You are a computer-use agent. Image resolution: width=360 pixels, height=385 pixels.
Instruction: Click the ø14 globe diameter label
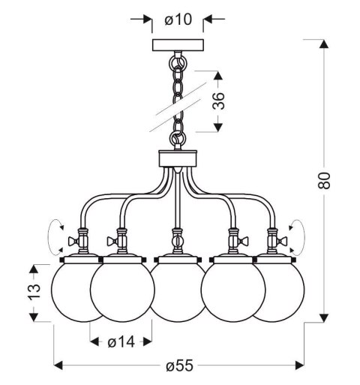[x=120, y=342]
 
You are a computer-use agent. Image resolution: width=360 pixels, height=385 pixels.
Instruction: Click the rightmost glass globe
[x=279, y=290]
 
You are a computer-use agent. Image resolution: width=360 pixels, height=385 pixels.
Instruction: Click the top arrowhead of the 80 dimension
[x=324, y=44]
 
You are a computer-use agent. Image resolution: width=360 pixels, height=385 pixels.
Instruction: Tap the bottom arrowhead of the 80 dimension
[x=324, y=317]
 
